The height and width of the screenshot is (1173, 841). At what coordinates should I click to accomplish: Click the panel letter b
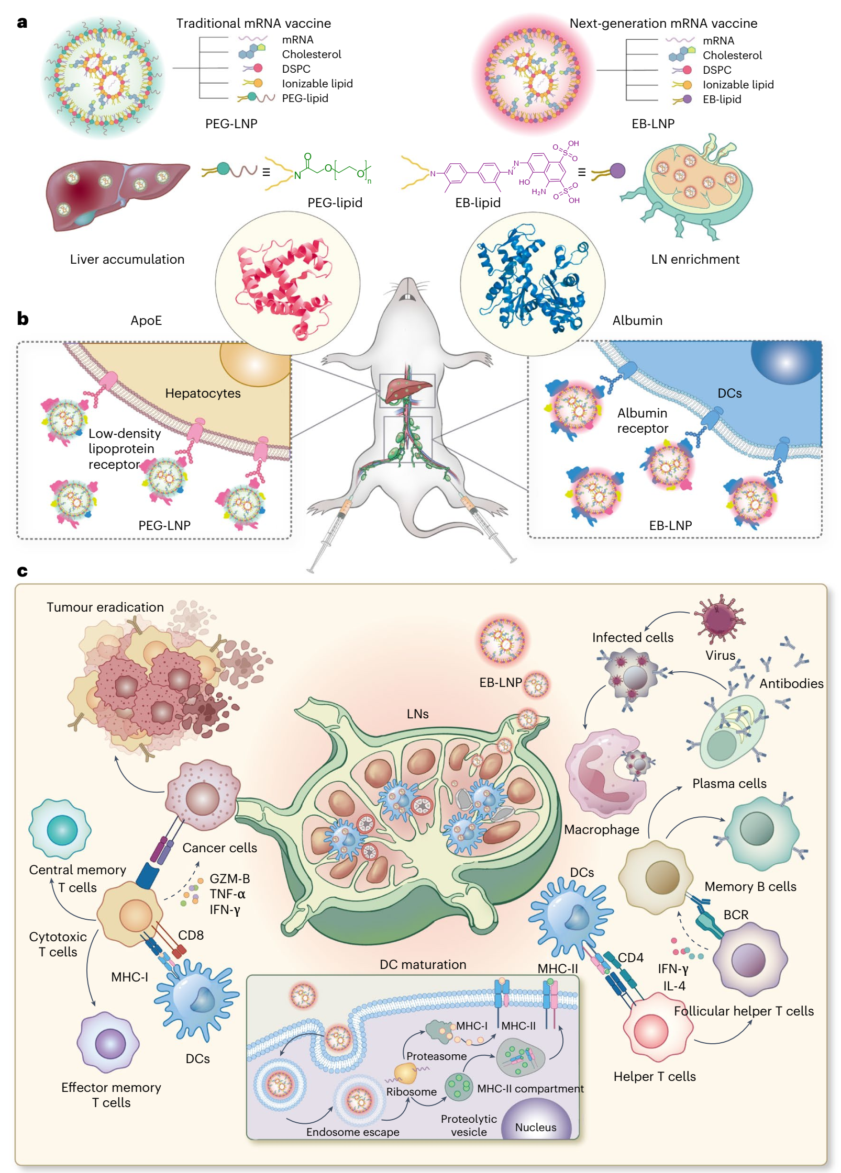click(x=23, y=318)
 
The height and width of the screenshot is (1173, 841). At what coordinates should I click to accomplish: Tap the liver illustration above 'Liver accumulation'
click(x=115, y=194)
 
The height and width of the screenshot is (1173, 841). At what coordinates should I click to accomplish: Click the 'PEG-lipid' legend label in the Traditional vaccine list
click(x=305, y=98)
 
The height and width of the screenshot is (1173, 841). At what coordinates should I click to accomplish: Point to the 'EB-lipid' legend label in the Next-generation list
click(x=722, y=99)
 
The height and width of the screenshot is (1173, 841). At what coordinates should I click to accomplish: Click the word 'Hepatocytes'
click(x=203, y=393)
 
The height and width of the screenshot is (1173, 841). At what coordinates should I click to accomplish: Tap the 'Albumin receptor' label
click(x=643, y=421)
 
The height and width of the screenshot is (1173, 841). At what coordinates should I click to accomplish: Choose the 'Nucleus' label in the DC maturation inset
click(x=535, y=1127)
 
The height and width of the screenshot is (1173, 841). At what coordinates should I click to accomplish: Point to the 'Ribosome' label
click(x=411, y=1092)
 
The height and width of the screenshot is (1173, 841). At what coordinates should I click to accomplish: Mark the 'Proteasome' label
click(x=436, y=1056)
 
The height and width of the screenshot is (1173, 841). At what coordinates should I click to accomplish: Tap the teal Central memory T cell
click(x=61, y=829)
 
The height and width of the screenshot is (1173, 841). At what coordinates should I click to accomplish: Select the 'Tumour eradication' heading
click(x=105, y=607)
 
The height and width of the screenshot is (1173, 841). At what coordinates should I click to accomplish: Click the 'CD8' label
click(x=191, y=935)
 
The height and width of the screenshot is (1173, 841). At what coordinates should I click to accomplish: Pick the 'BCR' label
click(x=736, y=915)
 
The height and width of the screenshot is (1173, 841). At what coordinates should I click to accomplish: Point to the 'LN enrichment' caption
click(x=695, y=259)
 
